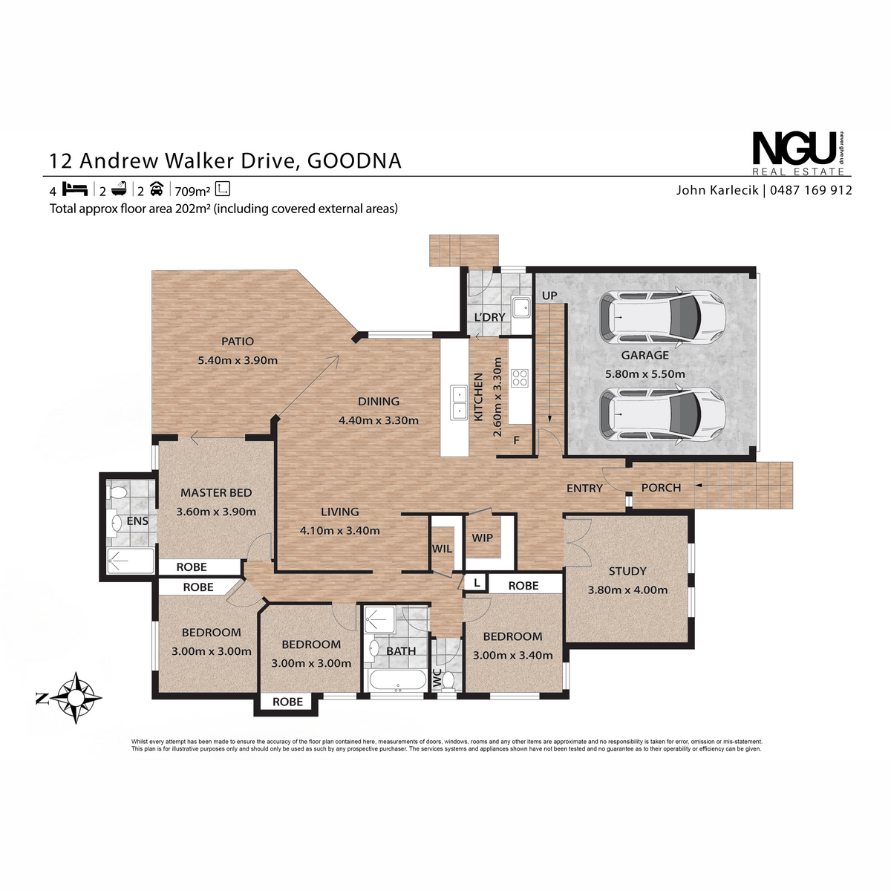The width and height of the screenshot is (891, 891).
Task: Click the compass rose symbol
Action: coord(76,698)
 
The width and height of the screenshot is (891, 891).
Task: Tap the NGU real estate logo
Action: coord(798,154)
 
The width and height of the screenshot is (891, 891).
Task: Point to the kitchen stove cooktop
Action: coord(519,377)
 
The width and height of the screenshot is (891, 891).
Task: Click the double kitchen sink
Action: coord(459,402)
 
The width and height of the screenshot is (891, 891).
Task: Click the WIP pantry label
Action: coord(483,538)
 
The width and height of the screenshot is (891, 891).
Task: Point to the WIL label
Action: coord(442,549)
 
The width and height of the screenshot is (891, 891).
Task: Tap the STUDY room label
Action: coord(627,571)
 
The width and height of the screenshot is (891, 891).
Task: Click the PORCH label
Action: coord(661,487)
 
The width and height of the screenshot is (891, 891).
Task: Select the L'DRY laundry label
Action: coord(489,317)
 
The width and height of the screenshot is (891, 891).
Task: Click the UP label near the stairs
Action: coord(549,296)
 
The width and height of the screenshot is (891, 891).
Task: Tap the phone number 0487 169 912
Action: coord(811,190)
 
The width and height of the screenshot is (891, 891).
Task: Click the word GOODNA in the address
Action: coord(354,161)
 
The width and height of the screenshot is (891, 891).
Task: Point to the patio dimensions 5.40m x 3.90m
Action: coord(238,360)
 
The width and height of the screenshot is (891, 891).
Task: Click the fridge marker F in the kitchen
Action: coord(517,440)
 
